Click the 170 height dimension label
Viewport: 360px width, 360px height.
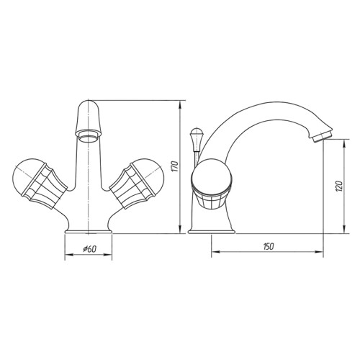176,166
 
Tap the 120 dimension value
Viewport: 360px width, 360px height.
339,185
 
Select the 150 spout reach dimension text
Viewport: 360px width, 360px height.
269,246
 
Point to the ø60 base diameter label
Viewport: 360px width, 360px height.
89,249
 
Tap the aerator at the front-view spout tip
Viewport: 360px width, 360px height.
89,136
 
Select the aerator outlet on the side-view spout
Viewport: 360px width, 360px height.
323,136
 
